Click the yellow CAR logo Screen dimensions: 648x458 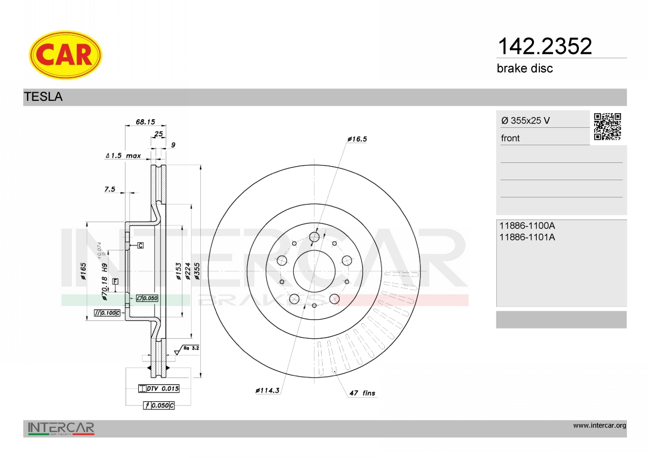click(65, 55)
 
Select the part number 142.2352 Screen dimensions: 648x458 click(545, 46)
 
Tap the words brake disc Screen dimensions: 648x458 click(525, 69)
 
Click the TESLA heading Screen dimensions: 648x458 click(43, 97)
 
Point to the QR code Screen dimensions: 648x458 click(607, 127)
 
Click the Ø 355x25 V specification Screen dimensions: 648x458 click(525, 120)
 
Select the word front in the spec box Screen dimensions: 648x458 click(510, 138)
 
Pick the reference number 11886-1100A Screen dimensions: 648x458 click(527, 225)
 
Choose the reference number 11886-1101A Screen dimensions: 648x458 click(527, 237)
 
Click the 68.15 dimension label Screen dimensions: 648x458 click(145, 122)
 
